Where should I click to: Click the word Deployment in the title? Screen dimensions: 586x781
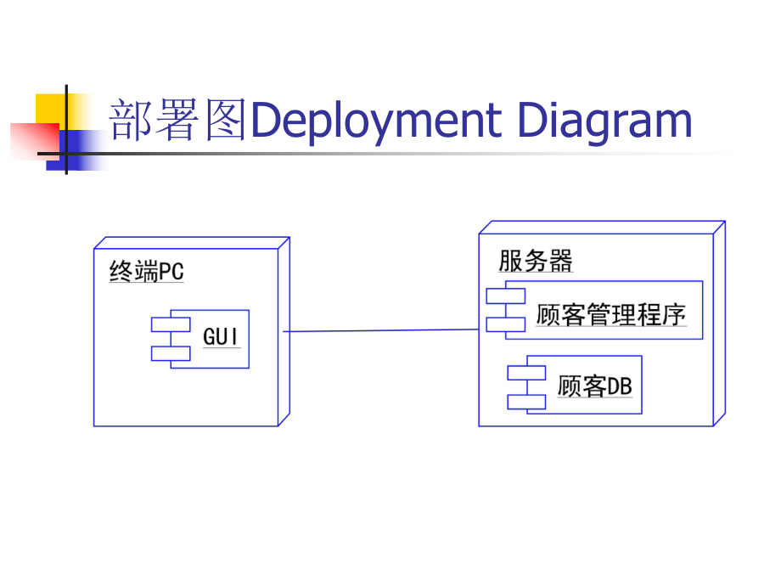coord(377,121)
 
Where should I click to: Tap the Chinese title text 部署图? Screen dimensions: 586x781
coord(178,121)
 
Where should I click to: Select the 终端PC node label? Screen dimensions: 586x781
coord(146,273)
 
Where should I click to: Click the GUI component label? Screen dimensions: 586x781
coord(221,337)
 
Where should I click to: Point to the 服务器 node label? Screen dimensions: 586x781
coord(535,261)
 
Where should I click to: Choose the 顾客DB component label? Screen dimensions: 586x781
coord(594,387)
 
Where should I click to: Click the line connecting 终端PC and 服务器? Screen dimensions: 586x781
coord(382,330)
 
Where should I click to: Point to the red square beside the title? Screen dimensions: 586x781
coord(30,140)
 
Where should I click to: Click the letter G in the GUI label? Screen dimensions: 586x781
coord(210,337)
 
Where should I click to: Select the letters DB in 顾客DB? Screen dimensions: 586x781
coord(619,387)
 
